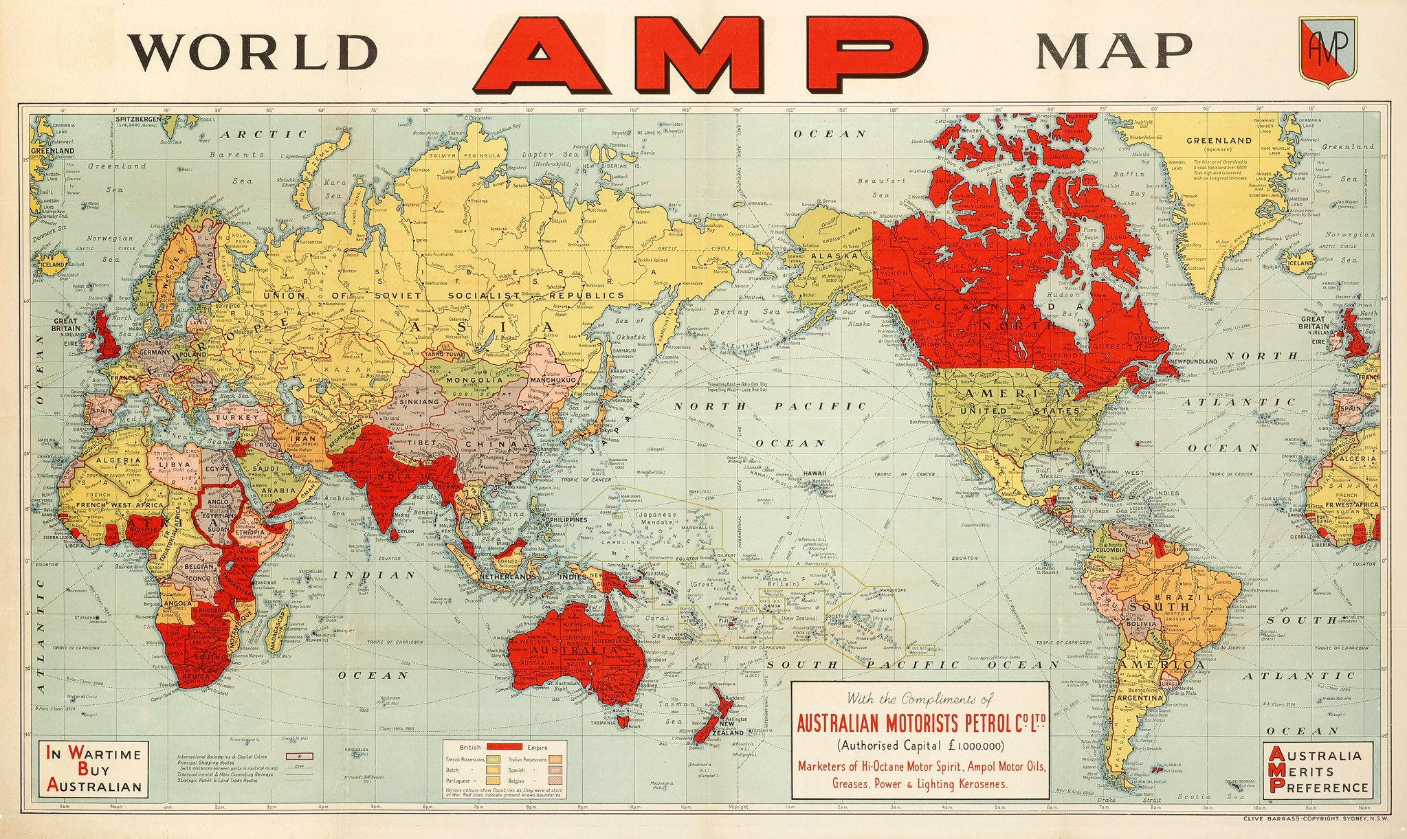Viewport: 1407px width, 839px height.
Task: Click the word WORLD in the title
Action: click(x=256, y=51)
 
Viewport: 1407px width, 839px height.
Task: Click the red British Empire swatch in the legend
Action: click(x=505, y=746)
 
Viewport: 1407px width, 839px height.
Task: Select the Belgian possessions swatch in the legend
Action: click(x=555, y=781)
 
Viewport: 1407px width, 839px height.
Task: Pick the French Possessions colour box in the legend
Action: click(x=493, y=759)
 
